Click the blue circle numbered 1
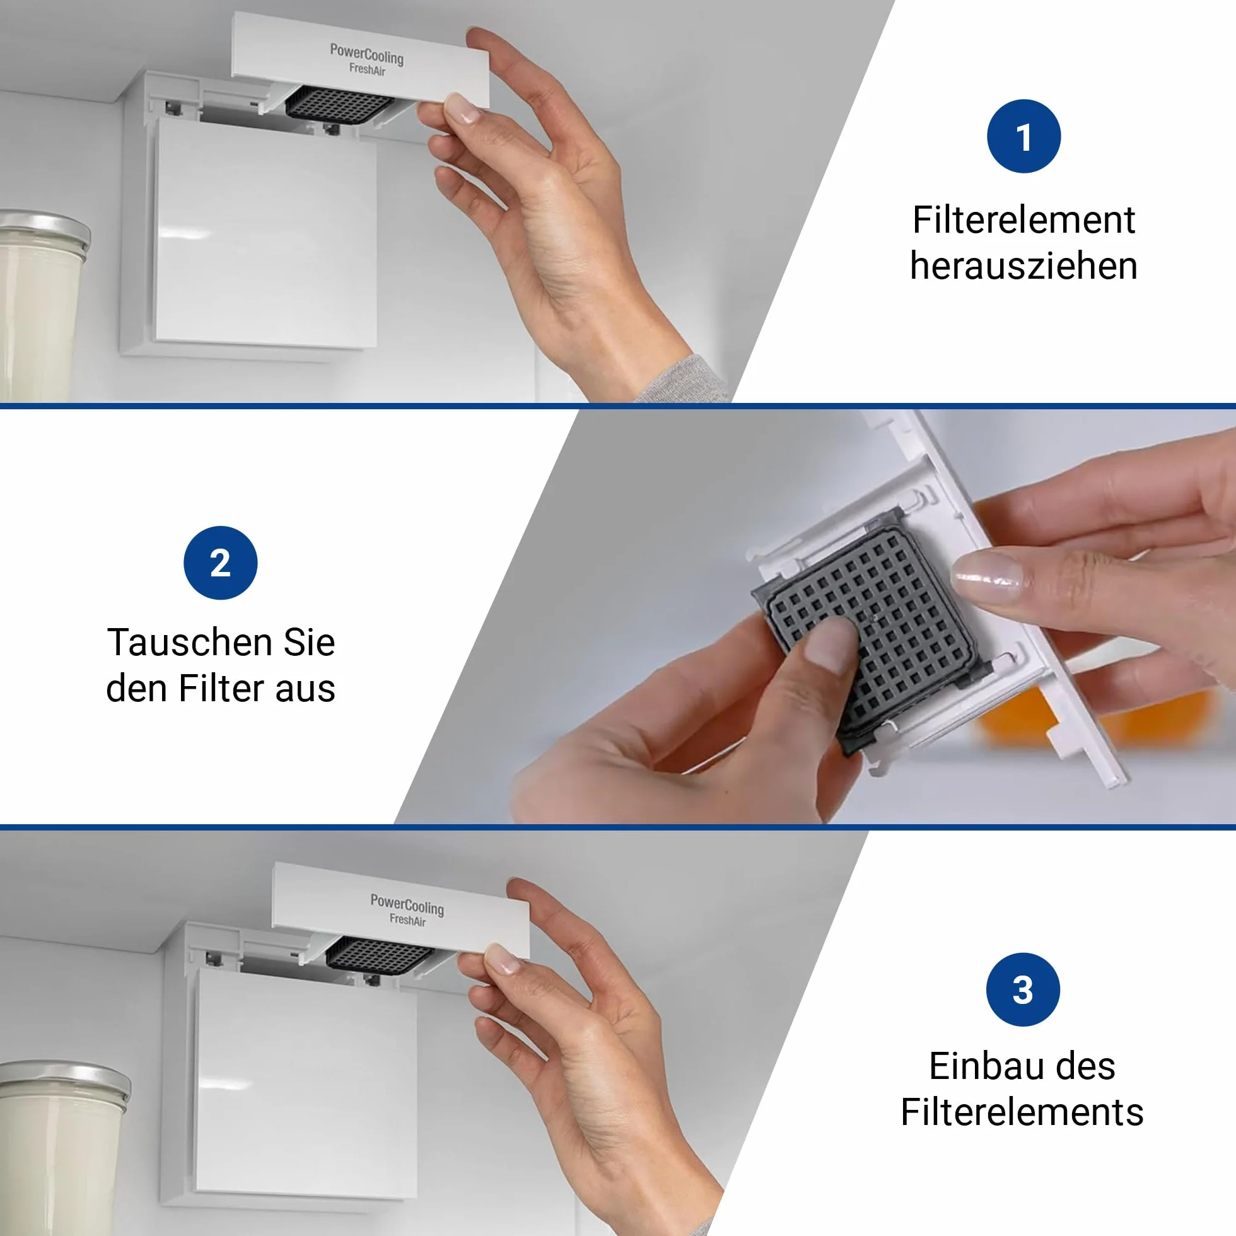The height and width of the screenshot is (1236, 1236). click(x=1023, y=136)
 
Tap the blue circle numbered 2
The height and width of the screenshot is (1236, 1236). click(x=220, y=563)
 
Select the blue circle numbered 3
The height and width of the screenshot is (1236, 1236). click(x=1023, y=989)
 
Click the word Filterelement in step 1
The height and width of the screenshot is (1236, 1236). click(x=1023, y=220)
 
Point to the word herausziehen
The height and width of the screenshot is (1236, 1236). click(x=1023, y=266)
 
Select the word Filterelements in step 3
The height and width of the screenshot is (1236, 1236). click(x=1022, y=1112)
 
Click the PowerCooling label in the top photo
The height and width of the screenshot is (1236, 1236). click(x=366, y=54)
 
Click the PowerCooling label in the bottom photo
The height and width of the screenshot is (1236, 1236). click(x=407, y=904)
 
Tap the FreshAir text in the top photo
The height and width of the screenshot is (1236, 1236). click(x=367, y=69)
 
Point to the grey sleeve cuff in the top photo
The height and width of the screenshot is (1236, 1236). click(x=681, y=380)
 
